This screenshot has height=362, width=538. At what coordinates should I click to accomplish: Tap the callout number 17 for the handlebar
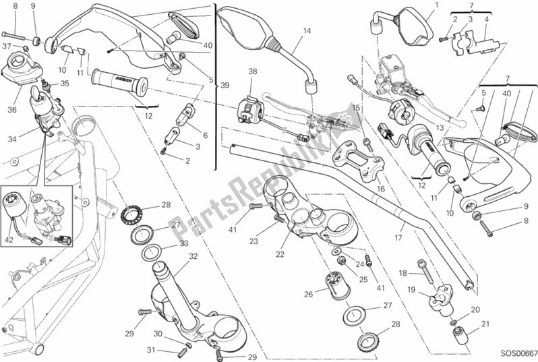point(399,237)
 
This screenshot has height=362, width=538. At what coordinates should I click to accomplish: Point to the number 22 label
point(280,254)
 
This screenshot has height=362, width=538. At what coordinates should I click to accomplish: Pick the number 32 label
point(193,256)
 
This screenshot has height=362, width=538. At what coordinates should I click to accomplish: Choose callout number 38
point(252,71)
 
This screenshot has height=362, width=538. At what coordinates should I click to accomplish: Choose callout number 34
point(11,140)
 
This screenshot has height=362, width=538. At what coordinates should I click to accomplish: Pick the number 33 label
point(184,245)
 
